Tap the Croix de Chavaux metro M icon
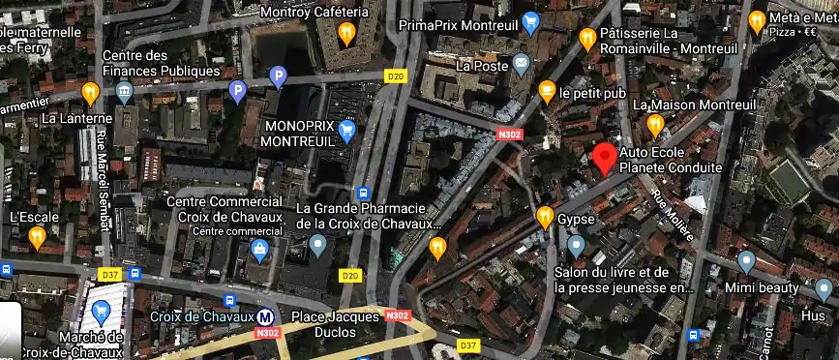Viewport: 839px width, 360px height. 264,316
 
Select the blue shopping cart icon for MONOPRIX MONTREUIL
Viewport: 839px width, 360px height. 346,131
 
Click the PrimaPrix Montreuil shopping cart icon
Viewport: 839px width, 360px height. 529,21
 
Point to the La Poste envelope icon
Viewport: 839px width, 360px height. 522,65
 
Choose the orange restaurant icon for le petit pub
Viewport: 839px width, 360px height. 546,93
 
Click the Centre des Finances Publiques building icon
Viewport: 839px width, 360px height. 124,93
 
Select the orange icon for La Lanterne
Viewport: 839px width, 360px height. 90,93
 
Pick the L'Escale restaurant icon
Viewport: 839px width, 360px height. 37,236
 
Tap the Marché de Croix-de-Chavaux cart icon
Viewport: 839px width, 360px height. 101,313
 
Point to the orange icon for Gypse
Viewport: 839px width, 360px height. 545,216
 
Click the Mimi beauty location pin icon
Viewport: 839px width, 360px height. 745,261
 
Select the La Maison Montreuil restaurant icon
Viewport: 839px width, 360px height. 655,124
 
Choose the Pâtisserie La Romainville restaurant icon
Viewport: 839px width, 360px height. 586,38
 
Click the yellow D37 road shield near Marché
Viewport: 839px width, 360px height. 108,275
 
